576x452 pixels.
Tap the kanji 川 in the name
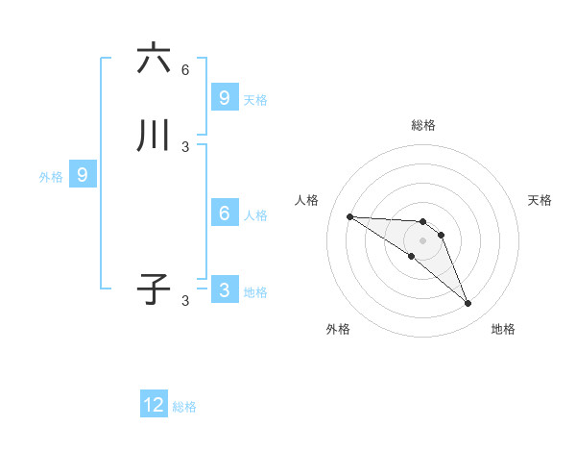[x=153, y=137]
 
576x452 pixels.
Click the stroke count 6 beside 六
[x=185, y=70]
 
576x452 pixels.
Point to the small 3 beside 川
[x=185, y=147]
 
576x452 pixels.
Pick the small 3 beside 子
[x=185, y=301]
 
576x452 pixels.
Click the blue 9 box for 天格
[x=224, y=98]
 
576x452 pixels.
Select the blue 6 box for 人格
[x=224, y=213]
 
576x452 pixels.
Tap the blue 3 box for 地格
[x=224, y=290]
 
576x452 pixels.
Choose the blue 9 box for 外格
[x=83, y=175]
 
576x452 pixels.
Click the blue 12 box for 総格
[x=154, y=405]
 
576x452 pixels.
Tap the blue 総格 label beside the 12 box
[x=184, y=407]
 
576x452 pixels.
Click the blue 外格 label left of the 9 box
[x=51, y=177]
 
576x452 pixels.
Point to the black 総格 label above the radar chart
[x=423, y=125]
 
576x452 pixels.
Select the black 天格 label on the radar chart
[x=540, y=200]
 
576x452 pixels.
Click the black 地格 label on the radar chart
[x=503, y=329]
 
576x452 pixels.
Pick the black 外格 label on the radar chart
[x=338, y=329]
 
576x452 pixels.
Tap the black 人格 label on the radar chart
[x=306, y=200]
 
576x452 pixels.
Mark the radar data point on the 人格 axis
[x=349, y=216]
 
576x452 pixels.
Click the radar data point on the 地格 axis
[x=468, y=304]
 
